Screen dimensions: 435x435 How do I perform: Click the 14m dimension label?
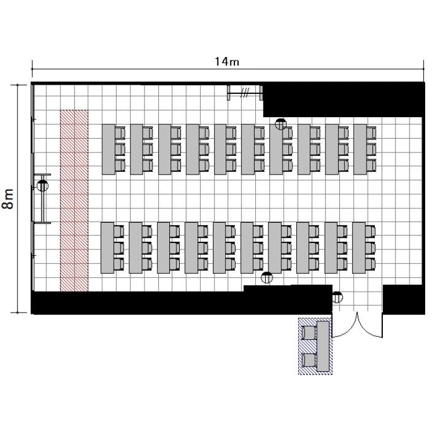(x=227, y=61)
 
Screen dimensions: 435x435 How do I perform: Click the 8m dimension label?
(x=8, y=198)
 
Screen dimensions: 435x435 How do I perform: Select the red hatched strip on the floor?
(x=74, y=201)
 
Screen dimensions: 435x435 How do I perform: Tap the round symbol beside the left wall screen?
(x=42, y=186)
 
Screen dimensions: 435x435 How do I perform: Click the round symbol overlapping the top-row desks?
(x=281, y=124)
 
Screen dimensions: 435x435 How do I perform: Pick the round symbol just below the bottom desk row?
(x=267, y=277)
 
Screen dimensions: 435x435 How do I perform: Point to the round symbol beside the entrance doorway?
(x=337, y=297)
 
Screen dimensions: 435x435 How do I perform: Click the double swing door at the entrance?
(x=357, y=325)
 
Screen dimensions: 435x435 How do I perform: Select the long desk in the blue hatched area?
(x=323, y=346)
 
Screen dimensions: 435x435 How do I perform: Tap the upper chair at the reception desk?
(x=309, y=333)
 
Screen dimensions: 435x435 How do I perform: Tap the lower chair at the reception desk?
(x=309, y=360)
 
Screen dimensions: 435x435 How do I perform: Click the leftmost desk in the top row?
(x=108, y=149)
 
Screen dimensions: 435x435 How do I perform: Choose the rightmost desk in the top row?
(x=360, y=149)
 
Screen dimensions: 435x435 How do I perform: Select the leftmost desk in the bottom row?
(x=107, y=248)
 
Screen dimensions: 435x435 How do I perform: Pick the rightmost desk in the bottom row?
(x=359, y=248)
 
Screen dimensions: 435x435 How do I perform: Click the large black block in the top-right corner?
(x=343, y=100)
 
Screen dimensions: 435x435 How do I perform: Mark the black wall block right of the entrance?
(x=404, y=299)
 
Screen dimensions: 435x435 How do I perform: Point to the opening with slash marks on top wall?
(x=245, y=92)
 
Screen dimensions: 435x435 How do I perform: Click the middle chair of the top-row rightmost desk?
(x=371, y=149)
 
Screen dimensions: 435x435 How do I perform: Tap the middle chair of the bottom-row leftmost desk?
(x=119, y=248)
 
